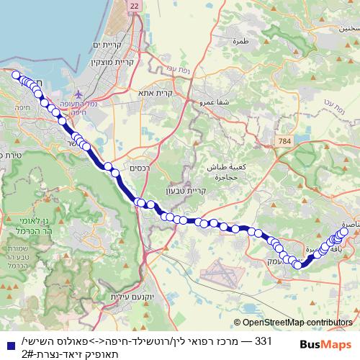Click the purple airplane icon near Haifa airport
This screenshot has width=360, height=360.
tap(79, 93)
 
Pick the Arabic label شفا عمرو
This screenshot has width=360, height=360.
tap(217, 102)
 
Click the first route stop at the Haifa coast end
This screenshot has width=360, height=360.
tap(16, 74)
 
